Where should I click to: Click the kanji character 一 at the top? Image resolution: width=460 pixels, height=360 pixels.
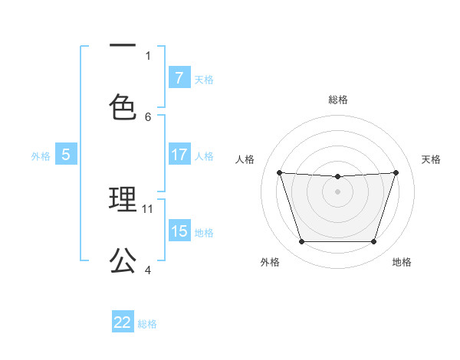pyautogui.click(x=122, y=47)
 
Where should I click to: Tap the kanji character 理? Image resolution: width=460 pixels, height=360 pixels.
pyautogui.click(x=123, y=200)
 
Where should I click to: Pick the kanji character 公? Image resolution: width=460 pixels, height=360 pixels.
pyautogui.click(x=123, y=261)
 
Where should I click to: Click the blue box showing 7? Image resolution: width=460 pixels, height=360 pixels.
pyautogui.click(x=179, y=77)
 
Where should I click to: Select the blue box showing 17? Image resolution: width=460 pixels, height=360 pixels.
pyautogui.click(x=179, y=155)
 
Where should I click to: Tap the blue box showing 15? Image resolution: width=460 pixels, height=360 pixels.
pyautogui.click(x=179, y=231)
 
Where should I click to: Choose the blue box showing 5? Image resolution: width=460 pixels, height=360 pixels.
pyautogui.click(x=66, y=155)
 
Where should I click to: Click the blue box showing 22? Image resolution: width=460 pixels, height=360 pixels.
pyautogui.click(x=123, y=322)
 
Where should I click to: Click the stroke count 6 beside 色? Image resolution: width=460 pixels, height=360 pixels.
pyautogui.click(x=148, y=116)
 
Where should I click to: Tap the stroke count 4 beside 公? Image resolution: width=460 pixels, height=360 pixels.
pyautogui.click(x=148, y=270)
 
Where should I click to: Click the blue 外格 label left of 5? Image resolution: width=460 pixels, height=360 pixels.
pyautogui.click(x=41, y=155)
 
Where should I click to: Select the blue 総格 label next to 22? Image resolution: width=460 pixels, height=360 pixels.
pyautogui.click(x=147, y=323)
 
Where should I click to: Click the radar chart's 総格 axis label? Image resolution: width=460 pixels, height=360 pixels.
pyautogui.click(x=338, y=100)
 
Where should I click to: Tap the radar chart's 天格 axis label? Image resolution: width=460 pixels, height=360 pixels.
pyautogui.click(x=432, y=159)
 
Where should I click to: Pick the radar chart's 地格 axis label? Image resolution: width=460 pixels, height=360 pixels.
pyautogui.click(x=402, y=263)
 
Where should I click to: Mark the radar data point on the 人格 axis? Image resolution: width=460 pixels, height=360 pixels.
pyautogui.click(x=279, y=172)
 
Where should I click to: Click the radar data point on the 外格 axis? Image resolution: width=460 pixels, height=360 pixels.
pyautogui.click(x=301, y=242)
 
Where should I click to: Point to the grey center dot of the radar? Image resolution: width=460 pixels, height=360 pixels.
pyautogui.click(x=338, y=191)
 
